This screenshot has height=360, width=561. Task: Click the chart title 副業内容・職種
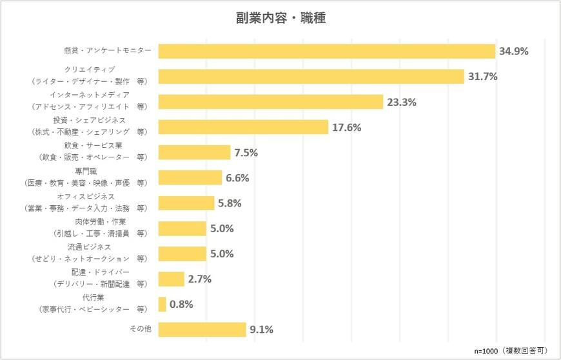click(280, 18)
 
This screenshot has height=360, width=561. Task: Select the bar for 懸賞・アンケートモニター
click(326, 52)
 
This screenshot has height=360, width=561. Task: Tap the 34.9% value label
click(513, 52)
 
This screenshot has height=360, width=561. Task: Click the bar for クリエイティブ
click(311, 77)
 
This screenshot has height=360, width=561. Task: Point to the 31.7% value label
click(482, 77)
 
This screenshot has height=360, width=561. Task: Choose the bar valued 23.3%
click(271, 102)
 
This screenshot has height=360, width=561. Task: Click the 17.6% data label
click(346, 127)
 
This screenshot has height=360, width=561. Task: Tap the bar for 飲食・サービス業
click(194, 152)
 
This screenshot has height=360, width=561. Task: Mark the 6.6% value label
click(237, 178)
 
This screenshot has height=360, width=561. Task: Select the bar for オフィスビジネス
click(186, 203)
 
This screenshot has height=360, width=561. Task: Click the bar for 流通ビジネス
click(182, 254)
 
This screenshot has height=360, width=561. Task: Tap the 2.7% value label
click(200, 279)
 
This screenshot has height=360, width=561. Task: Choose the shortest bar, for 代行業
click(162, 304)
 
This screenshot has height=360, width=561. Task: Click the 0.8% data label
click(181, 304)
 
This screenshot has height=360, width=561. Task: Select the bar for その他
click(202, 329)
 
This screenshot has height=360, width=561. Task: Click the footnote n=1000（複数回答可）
click(512, 350)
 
